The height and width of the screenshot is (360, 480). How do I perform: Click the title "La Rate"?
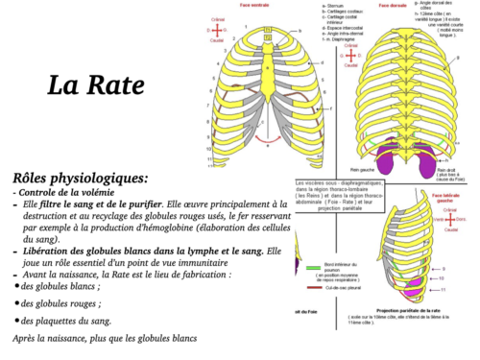[x=92, y=84]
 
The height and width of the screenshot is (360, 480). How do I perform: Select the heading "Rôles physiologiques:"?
[x=82, y=178]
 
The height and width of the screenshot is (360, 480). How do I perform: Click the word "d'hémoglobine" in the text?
[x=182, y=228]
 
